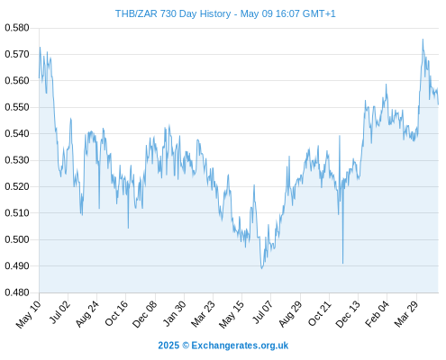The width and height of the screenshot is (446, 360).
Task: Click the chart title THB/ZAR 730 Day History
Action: click(173, 13)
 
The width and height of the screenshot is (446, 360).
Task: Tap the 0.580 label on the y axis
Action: click(17, 28)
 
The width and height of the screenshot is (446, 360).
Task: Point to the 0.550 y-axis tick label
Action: click(17, 107)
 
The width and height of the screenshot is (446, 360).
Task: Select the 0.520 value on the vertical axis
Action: click(17, 186)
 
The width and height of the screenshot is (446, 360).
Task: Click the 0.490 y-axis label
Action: click(17, 265)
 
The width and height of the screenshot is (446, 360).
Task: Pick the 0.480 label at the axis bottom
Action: click(17, 292)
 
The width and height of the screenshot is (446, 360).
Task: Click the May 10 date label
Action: click(29, 314)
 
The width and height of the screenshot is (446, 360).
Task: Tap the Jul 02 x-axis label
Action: click(59, 312)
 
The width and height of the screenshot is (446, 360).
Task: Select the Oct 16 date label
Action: click(116, 313)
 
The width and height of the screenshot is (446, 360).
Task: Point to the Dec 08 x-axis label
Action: click(144, 314)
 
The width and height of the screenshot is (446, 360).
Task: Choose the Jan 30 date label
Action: click(174, 313)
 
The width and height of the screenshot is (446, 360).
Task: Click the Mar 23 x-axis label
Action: click(203, 314)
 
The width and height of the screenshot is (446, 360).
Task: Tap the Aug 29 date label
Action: click(290, 314)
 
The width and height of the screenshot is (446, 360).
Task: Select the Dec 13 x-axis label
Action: click(348, 314)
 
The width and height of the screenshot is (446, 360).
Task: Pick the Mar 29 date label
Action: click(406, 314)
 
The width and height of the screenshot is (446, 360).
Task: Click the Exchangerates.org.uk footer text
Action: click(240, 346)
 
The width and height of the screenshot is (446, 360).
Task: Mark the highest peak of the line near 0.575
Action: click(423, 40)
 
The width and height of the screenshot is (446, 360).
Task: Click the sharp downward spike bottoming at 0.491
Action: click(342, 263)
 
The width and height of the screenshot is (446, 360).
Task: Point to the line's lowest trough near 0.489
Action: click(261, 268)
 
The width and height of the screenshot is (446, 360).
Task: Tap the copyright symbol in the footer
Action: click(186, 346)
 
